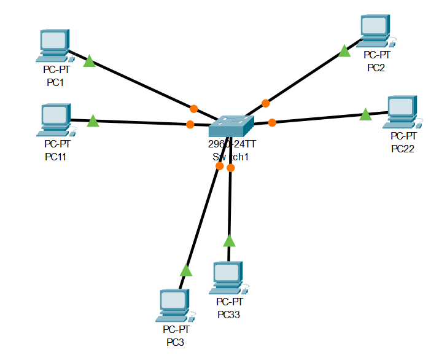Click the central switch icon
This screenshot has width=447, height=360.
[230, 126]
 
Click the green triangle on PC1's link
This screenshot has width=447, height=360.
[90, 61]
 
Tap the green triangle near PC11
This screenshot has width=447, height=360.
[93, 121]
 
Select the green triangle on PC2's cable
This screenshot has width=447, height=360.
[344, 51]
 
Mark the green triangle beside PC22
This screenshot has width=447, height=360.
[365, 114]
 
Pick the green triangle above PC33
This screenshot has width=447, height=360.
[229, 240]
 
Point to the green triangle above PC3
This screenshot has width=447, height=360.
[186, 270]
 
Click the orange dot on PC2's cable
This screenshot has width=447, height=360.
[265, 103]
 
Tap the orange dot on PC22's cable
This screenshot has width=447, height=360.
[272, 122]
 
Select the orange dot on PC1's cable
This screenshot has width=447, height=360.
[193, 109]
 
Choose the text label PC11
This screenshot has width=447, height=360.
[56, 157]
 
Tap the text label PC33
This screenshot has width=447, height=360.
[230, 315]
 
